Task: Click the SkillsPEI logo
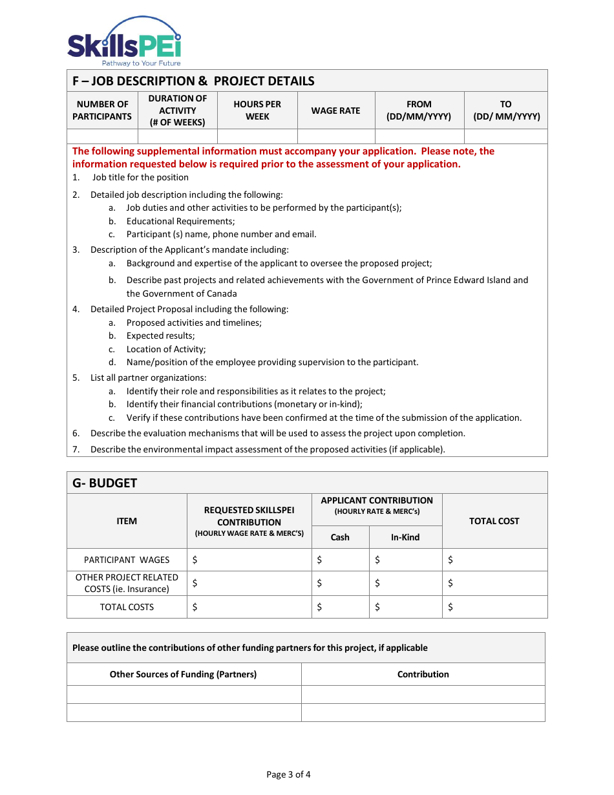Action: point(124,43)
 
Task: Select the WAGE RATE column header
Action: point(335,111)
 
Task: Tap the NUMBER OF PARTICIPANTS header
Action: point(102,111)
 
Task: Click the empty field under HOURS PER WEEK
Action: point(257,136)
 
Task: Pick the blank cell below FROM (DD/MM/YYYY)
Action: point(419,136)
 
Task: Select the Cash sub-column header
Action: point(340,537)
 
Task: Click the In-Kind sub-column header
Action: point(405,537)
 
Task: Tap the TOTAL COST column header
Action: point(494,521)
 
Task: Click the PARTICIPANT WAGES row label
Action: point(127,560)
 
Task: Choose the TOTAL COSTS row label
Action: point(127,607)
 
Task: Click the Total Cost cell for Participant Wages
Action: point(494,560)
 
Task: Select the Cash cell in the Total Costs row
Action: point(340,607)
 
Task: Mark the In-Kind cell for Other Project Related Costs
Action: point(405,583)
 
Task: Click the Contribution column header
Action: point(423,674)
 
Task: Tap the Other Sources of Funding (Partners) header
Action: point(183,674)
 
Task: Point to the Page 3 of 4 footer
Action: point(288,774)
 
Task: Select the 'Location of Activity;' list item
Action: point(166,349)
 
